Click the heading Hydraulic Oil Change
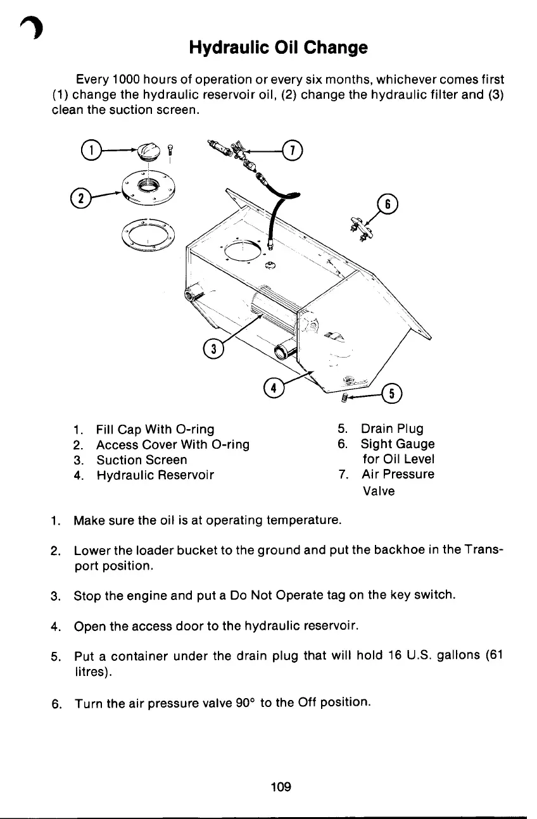[x=278, y=47]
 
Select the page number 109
[x=280, y=787]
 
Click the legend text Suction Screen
[x=141, y=460]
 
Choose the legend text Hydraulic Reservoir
[x=155, y=475]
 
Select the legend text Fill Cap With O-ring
[x=155, y=429]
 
